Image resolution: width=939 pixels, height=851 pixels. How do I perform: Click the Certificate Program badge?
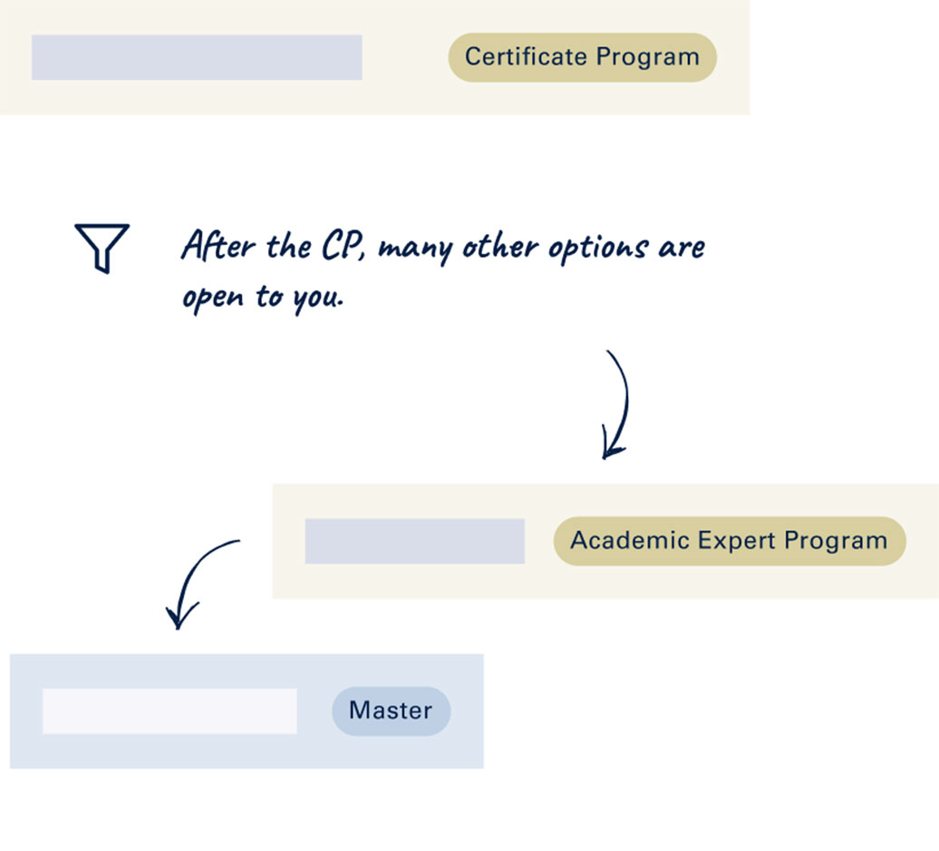pos(582,57)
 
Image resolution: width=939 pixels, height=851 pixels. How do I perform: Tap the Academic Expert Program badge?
pos(729,541)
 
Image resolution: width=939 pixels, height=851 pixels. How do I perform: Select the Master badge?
pos(391,710)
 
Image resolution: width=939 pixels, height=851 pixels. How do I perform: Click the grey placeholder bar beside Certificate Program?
pos(197,57)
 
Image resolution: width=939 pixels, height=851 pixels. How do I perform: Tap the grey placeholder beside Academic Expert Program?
pos(414,541)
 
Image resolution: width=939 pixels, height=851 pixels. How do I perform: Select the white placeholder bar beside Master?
pos(169,710)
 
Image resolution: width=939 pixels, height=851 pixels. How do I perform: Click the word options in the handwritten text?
pos(593,249)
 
